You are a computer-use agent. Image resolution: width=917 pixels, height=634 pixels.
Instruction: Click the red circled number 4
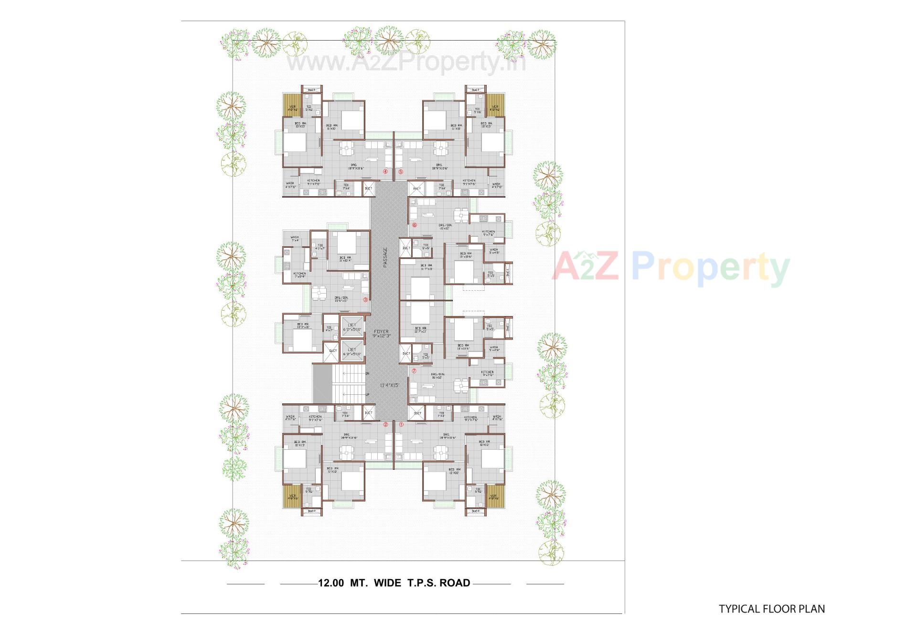point(385,171)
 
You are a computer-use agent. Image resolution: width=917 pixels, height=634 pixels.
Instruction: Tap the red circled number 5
point(401,172)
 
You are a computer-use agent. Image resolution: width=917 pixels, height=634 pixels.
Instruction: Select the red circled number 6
point(415,225)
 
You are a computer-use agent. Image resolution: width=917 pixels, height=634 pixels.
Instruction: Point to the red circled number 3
point(365,300)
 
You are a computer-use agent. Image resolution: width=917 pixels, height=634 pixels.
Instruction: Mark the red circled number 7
point(414,371)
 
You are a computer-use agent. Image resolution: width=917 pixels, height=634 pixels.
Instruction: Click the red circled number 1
point(401,424)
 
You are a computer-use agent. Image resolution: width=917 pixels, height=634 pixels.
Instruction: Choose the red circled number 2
point(386,424)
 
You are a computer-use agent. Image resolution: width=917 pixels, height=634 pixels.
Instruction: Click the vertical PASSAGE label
point(385,257)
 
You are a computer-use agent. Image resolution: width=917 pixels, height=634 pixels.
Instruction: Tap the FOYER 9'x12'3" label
point(381,333)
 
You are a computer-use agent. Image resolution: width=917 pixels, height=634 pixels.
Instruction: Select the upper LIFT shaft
point(352,327)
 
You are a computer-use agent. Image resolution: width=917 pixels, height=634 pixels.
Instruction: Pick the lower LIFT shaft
point(352,352)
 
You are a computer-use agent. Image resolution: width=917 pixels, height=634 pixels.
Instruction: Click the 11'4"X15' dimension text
point(389,385)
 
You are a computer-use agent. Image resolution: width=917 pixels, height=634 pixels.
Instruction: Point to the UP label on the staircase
point(367,395)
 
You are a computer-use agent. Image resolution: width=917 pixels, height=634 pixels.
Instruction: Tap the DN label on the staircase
point(367,373)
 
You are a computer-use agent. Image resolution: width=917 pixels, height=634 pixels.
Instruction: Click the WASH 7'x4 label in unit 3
point(295,238)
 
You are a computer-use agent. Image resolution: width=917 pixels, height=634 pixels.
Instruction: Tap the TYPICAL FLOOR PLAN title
point(772,609)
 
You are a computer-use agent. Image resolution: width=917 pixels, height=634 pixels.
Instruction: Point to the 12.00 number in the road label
point(331,583)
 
